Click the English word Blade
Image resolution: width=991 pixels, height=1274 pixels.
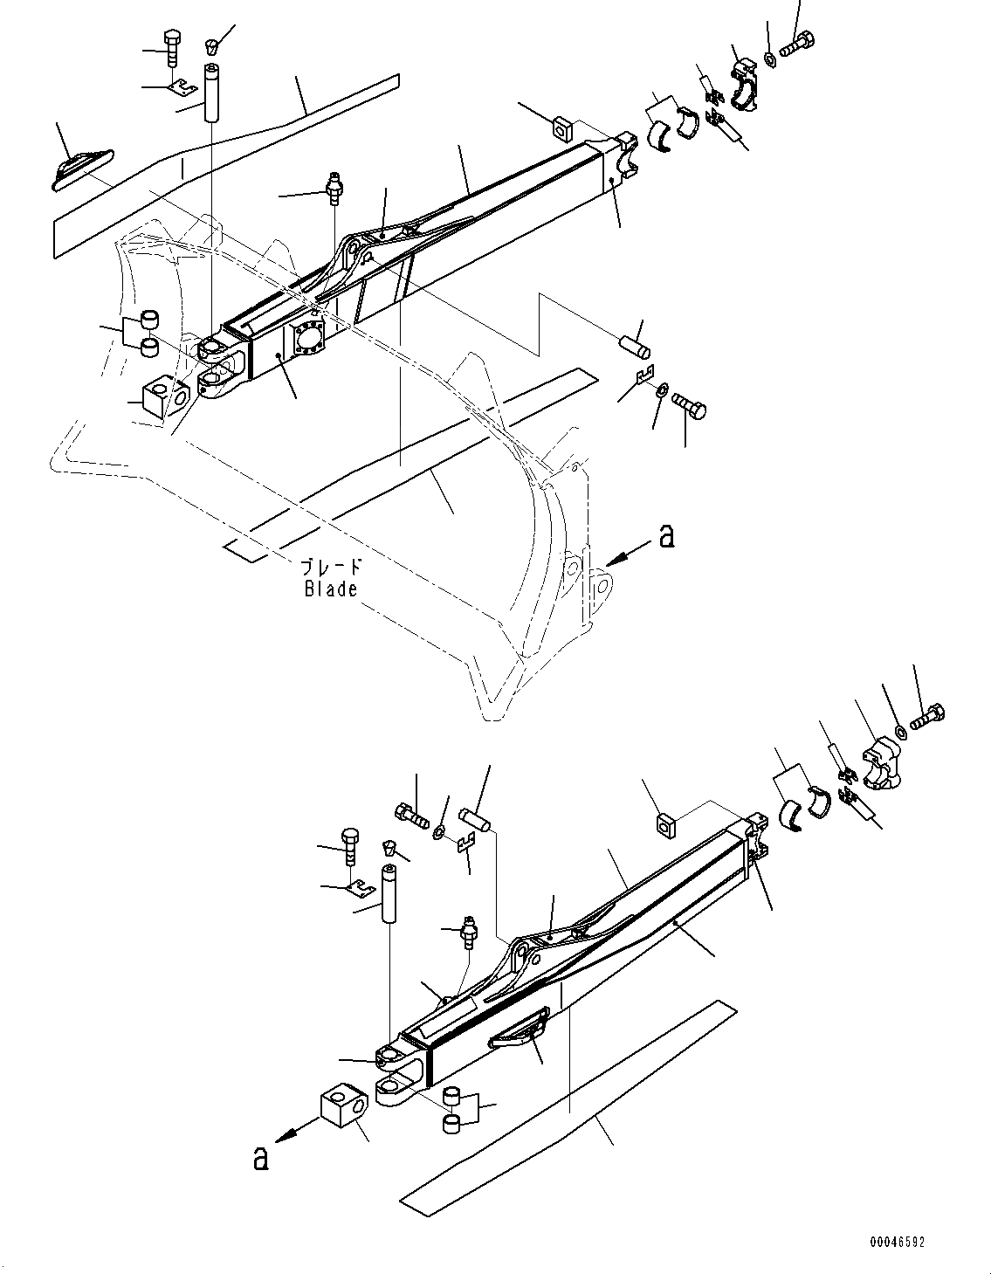click(x=331, y=589)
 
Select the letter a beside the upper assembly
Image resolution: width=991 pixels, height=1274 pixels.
click(x=667, y=535)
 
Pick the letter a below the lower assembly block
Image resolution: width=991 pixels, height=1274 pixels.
click(x=259, y=1158)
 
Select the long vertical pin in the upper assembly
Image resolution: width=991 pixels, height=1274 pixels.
click(x=210, y=92)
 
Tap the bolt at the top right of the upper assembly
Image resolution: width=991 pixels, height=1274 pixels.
click(x=795, y=45)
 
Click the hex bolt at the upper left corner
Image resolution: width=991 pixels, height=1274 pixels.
click(x=172, y=46)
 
